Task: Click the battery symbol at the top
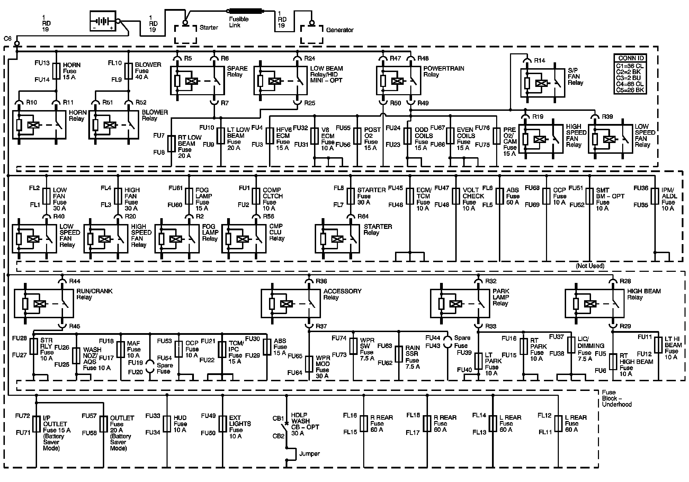click(x=102, y=21)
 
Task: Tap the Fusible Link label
click(x=239, y=22)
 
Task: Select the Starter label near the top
click(x=209, y=28)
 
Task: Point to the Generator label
click(x=340, y=30)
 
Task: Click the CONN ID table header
click(x=631, y=58)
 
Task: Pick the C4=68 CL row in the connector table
click(x=630, y=84)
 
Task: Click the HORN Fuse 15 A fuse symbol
click(x=56, y=71)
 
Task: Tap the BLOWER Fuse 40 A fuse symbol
click(x=129, y=71)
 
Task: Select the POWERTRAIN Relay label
click(x=444, y=71)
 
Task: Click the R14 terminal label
click(x=539, y=61)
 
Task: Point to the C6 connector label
click(x=8, y=39)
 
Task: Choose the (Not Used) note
click(x=590, y=266)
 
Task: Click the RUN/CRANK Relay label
click(x=94, y=294)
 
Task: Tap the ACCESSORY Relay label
click(x=342, y=294)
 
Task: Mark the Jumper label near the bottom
click(x=310, y=454)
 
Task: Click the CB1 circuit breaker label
click(x=278, y=418)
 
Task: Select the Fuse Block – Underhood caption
click(x=617, y=398)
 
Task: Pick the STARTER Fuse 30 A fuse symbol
click(x=351, y=196)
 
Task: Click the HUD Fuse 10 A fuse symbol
click(x=167, y=424)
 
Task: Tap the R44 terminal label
click(x=74, y=281)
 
